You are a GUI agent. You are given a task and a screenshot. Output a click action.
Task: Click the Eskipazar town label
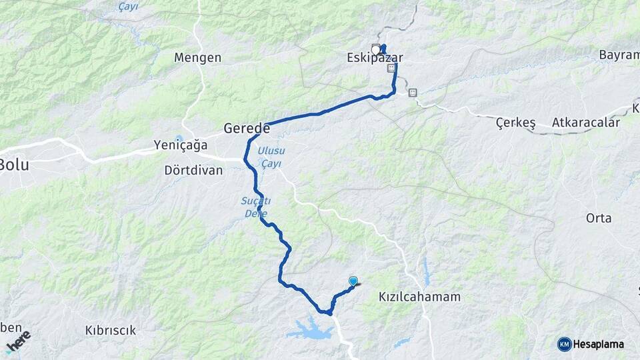point(375,58)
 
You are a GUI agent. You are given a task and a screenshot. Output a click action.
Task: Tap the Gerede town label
point(247,127)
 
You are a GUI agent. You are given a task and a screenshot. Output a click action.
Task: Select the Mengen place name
point(197,58)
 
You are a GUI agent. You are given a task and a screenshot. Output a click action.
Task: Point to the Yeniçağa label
point(181,145)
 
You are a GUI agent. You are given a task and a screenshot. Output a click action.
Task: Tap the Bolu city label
point(14,165)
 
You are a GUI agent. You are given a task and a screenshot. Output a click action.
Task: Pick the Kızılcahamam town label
point(419,297)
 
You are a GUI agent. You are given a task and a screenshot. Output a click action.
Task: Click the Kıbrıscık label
point(111,330)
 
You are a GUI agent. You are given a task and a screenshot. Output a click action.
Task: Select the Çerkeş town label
point(516,123)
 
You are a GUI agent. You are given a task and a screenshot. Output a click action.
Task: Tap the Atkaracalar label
point(586,123)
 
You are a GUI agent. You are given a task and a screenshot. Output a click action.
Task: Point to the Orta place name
point(598,218)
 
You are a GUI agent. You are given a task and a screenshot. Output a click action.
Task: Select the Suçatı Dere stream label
point(253,207)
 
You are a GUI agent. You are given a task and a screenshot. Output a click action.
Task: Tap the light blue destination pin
point(353,282)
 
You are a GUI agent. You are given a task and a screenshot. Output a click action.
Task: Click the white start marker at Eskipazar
point(377,49)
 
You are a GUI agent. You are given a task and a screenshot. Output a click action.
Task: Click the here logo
point(18,341)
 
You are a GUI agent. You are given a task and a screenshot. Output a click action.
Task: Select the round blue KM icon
point(565,344)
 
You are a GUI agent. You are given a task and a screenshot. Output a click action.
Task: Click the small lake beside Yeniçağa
point(178,139)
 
